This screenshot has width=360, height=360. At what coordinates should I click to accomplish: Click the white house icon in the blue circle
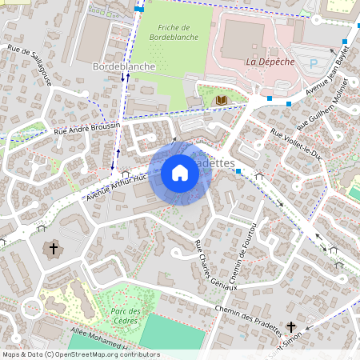point(180,173)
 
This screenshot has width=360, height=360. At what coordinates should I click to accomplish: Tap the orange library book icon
point(222,100)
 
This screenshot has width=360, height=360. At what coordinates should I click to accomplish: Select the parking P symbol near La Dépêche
point(314,62)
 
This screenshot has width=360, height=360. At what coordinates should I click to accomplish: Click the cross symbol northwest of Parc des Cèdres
point(54,249)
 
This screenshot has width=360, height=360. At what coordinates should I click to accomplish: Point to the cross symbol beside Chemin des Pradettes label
point(290,327)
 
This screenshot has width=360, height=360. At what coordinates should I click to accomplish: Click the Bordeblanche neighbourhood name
point(124,66)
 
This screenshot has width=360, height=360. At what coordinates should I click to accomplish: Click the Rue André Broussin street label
point(86,127)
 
